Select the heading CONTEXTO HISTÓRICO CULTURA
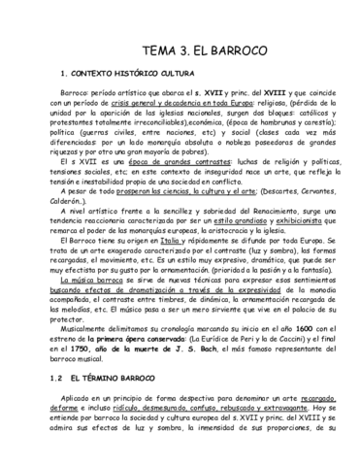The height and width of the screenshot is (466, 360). point(136,74)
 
